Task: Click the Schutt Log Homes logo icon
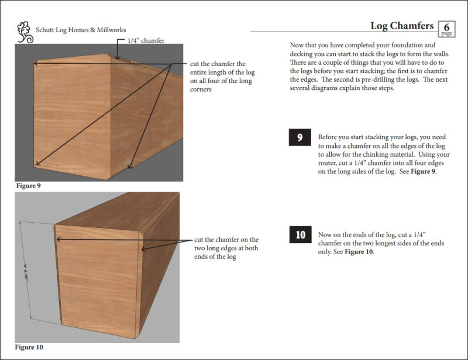[x=25, y=32]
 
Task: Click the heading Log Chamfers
[x=402, y=26]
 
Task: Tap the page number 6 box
[x=447, y=27]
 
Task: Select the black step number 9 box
[x=300, y=138]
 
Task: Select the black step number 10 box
[x=300, y=235]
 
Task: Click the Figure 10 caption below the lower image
[x=29, y=347]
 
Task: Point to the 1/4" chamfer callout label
[x=146, y=40]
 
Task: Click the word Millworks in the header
[x=109, y=30]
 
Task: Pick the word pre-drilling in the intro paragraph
[x=403, y=80]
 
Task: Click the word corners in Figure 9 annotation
[x=201, y=90]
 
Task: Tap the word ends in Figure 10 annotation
[x=202, y=257]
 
